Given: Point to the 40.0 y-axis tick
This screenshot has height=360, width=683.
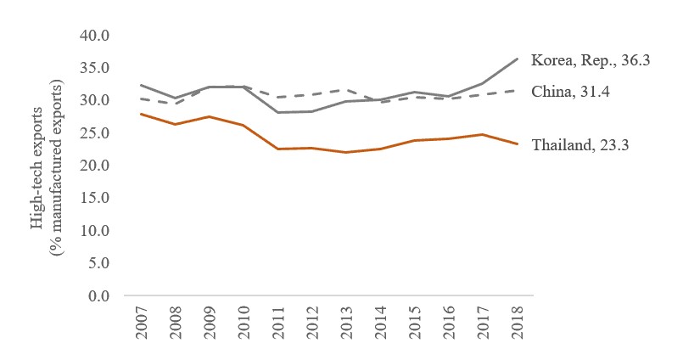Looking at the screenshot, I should [x=96, y=36].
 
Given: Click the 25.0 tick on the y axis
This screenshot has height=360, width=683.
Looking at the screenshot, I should [x=96, y=133].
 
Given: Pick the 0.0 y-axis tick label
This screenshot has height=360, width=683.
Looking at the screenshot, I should [x=99, y=295].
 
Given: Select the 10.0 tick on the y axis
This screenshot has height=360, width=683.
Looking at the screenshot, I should [x=96, y=231].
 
